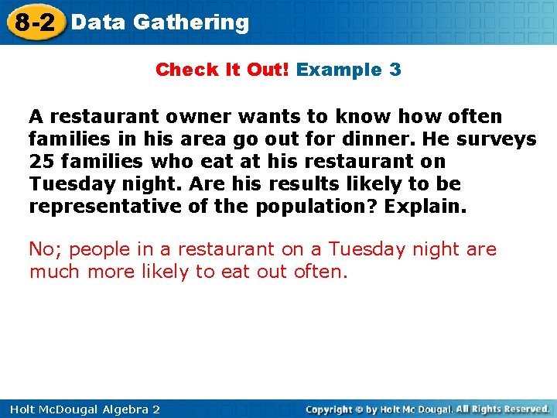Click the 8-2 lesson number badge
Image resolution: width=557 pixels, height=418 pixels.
point(35,22)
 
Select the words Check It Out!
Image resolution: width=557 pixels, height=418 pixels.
point(222,70)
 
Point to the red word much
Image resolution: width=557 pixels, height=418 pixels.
point(55,272)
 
